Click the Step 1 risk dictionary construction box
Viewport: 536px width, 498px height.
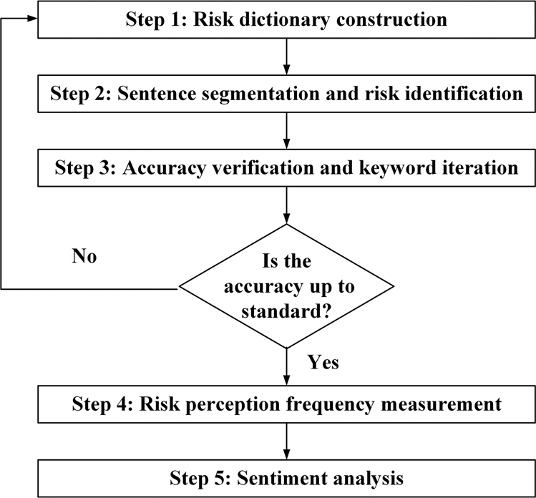point(286,19)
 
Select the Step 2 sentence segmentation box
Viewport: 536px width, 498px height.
point(286,94)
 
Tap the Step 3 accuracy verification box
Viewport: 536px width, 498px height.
point(286,168)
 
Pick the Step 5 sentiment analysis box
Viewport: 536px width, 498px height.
point(286,477)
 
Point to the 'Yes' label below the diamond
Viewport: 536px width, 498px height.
point(323,363)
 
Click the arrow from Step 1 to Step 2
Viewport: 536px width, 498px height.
point(286,57)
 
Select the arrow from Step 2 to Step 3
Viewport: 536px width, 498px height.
point(286,131)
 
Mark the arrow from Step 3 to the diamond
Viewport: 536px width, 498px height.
point(286,205)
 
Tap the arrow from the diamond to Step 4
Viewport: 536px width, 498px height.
point(286,366)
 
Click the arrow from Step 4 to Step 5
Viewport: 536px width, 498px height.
point(286,440)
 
